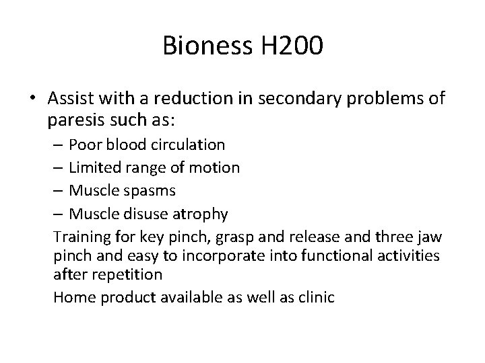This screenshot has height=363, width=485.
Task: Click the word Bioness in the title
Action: tap(205, 46)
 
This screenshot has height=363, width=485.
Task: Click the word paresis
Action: tap(73, 122)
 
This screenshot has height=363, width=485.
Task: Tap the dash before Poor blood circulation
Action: tap(59, 145)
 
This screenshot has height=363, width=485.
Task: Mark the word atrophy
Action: tap(201, 214)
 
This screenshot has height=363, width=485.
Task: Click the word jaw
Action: tap(424, 237)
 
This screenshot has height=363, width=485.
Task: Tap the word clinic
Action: tap(315, 296)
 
